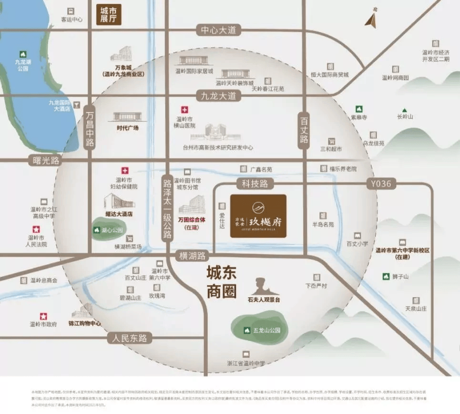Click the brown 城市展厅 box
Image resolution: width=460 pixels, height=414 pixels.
(x=109, y=15)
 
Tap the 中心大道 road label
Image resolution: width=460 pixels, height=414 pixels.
(x=218, y=30)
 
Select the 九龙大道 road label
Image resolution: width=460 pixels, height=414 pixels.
(x=218, y=95)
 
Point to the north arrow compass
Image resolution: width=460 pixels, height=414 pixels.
(x=371, y=20)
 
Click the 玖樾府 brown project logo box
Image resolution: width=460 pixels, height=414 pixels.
(x=258, y=216)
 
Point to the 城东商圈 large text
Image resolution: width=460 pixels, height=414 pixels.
(x=222, y=283)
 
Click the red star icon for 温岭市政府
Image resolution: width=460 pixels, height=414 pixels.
(x=43, y=316)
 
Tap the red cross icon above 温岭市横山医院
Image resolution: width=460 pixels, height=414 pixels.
(x=184, y=110)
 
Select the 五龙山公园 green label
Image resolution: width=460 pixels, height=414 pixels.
(x=260, y=330)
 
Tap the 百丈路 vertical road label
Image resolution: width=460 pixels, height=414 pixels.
(x=304, y=129)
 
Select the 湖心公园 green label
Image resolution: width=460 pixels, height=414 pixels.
(x=109, y=230)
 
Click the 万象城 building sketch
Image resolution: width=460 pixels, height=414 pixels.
(x=121, y=53)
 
